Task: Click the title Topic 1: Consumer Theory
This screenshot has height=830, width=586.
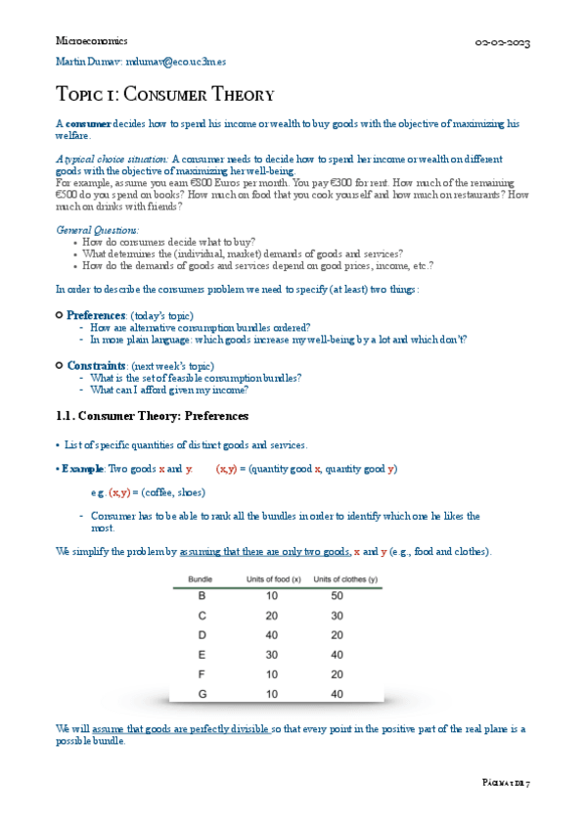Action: coord(164,96)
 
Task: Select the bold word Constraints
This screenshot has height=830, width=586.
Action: coord(97,365)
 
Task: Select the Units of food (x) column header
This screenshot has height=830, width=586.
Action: coord(271,579)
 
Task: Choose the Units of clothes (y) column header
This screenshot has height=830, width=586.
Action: coord(345,579)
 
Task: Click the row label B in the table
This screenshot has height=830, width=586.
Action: coord(202,595)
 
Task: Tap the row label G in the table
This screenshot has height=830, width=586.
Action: coord(202,694)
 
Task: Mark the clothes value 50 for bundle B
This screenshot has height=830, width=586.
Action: coord(337,595)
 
